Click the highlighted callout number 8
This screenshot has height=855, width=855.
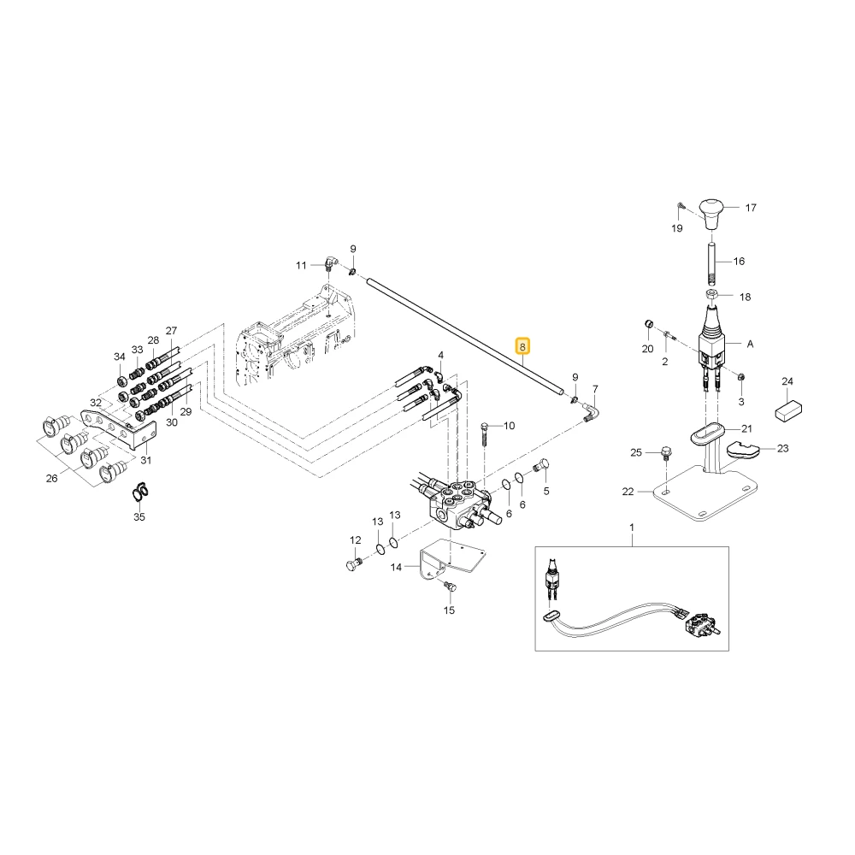522,346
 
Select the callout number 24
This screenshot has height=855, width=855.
787,381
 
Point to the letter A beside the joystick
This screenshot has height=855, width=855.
751,344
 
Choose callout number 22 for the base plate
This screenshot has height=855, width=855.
628,492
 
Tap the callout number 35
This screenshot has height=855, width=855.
139,516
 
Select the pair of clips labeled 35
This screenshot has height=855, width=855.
140,492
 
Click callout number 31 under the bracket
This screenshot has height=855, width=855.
146,460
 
